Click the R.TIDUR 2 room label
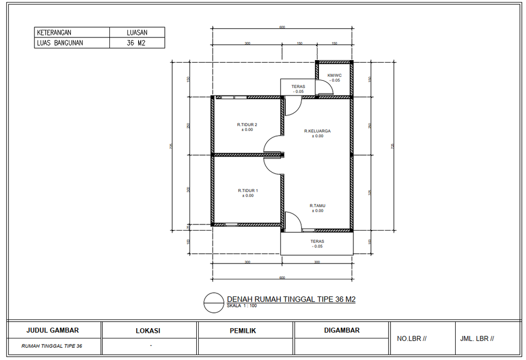pos(247,125)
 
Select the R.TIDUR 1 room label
pos(247,191)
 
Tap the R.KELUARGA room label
pos(317,131)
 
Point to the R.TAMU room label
pos(317,205)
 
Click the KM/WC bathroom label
pos(334,75)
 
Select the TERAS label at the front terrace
pos(317,241)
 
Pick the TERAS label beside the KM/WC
pos(298,87)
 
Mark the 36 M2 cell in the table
pos(137,43)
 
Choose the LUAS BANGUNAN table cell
pos(60,43)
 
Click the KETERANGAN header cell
pos(54,32)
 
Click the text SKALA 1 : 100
pos(241,306)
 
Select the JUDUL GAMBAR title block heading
pos(53,330)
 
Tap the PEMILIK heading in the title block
pos(243,331)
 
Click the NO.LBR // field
pos(412,339)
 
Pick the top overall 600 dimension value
pos(282,27)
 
